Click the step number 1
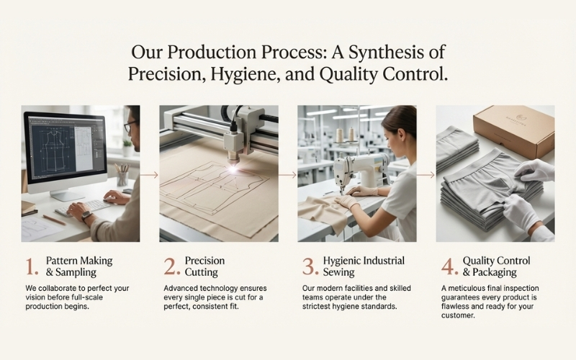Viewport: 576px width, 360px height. pos(30,267)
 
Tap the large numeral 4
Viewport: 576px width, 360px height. pos(449,267)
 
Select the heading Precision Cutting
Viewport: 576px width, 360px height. pos(204,266)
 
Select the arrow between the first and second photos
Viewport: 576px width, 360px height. pos(149,174)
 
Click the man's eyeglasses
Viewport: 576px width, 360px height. pos(130,127)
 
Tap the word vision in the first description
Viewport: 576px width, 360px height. pos(38,297)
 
